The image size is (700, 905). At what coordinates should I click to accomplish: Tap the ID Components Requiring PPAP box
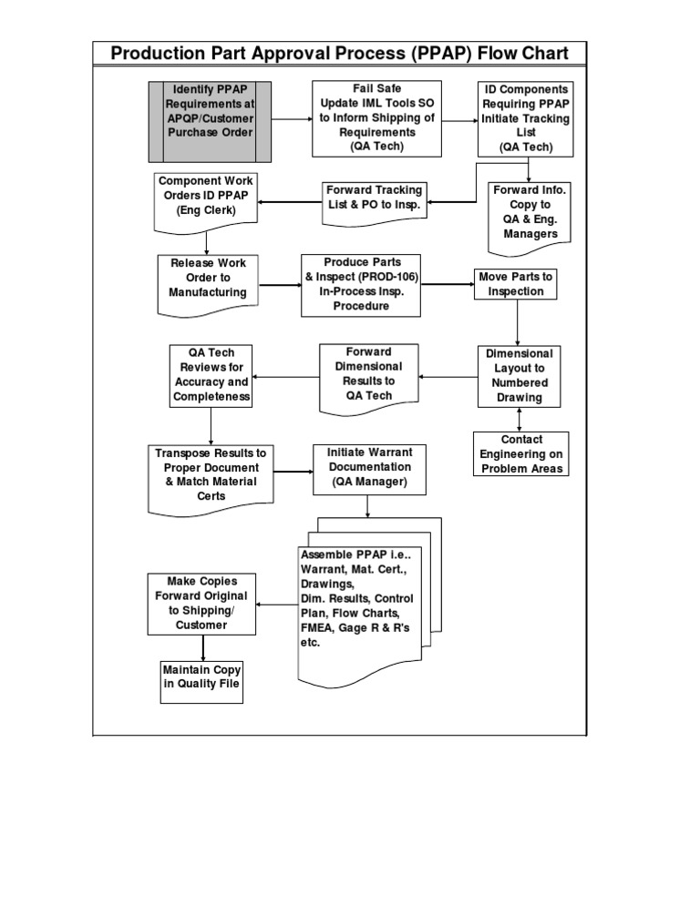click(526, 118)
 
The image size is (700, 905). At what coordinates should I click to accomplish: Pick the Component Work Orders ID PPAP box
click(205, 198)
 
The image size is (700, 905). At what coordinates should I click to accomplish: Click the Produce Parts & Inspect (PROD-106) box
click(361, 284)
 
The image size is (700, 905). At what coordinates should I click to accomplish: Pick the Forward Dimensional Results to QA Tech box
click(368, 374)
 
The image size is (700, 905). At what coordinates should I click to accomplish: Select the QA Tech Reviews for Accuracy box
click(211, 375)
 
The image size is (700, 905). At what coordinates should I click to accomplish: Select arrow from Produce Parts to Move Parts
click(448, 285)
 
